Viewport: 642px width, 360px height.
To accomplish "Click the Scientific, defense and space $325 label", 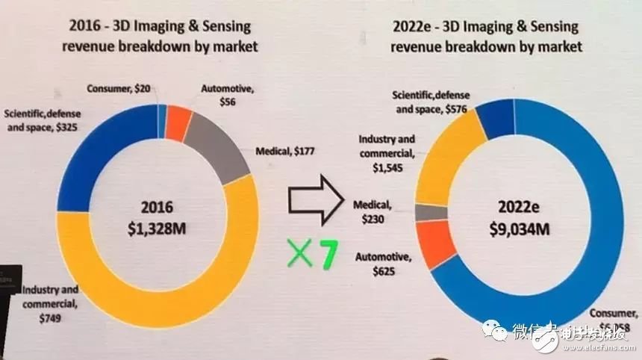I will [x=45, y=121].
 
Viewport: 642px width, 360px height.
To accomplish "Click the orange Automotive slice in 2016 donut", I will [x=178, y=122].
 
